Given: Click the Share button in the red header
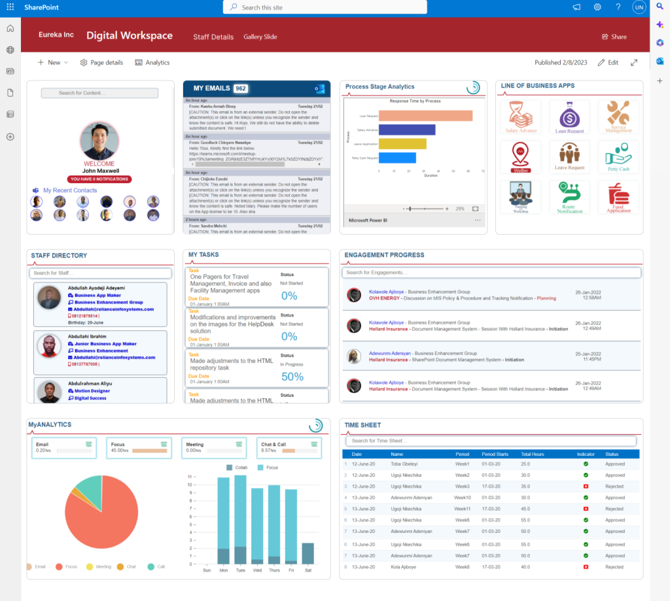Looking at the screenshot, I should [614, 37].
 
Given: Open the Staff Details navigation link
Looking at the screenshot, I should [213, 37].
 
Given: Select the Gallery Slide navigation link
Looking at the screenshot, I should [260, 37].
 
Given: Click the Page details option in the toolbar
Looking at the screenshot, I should [101, 63].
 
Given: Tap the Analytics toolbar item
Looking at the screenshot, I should [152, 63].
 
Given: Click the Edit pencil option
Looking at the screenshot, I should [608, 63].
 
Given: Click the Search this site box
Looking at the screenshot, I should [325, 7].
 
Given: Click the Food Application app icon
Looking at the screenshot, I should [618, 197].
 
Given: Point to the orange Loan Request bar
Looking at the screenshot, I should [425, 116].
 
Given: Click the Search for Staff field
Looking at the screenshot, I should [100, 273].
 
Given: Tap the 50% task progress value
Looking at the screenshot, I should [292, 377].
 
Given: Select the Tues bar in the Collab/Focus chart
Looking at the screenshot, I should [240, 517].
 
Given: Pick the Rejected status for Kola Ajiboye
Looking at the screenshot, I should [614, 567].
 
